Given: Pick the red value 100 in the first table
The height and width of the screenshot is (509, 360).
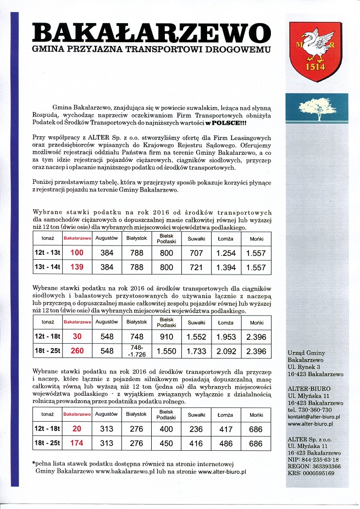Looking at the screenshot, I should click(77, 253).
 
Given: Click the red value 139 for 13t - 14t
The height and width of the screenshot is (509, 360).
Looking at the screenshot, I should click(77, 267).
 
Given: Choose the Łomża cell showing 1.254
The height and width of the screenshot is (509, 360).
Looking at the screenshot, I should click(225, 253).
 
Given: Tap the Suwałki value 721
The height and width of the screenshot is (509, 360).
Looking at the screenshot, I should click(196, 267).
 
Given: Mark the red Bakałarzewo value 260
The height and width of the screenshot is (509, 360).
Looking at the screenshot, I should click(77, 351).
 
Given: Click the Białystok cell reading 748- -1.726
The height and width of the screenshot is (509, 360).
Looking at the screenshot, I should click(137, 351).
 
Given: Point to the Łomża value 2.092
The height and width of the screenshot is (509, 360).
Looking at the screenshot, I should click(225, 351).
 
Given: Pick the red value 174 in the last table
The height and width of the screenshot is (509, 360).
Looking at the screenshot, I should click(77, 443).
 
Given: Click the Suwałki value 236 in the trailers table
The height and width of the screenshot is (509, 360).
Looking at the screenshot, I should click(196, 429).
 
